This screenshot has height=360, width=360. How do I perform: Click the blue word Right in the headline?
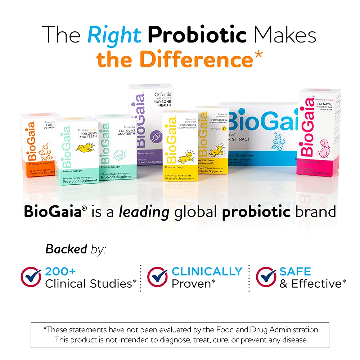click(115, 35)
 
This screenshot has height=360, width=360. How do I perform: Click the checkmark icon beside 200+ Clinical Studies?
click(31, 276)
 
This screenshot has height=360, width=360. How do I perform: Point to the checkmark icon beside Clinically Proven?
click(157, 276)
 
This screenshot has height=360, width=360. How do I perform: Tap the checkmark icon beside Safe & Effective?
click(266, 276)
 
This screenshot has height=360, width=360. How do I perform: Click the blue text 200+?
click(60, 271)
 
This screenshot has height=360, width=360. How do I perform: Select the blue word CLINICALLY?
click(207, 271)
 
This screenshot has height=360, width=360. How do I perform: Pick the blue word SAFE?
click(295, 271)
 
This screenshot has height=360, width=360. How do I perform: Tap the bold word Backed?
click(66, 248)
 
